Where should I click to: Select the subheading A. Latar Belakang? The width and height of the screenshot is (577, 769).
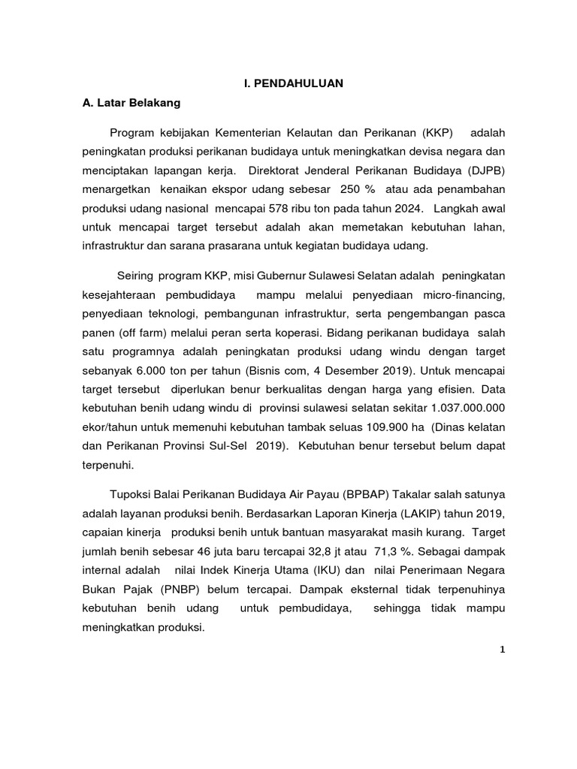click(x=131, y=103)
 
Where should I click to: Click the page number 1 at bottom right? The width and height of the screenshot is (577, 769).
click(x=503, y=650)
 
